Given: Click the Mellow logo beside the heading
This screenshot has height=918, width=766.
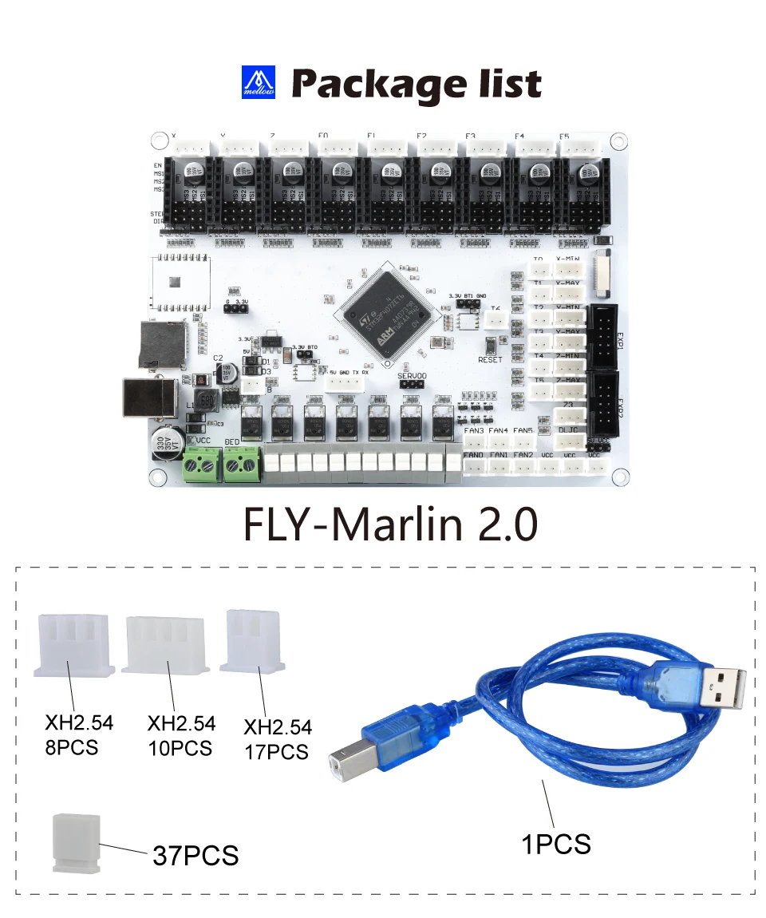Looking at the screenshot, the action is [x=258, y=83].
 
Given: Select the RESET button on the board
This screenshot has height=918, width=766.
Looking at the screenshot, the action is [x=489, y=346].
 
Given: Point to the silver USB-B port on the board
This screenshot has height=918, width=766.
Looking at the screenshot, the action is [x=149, y=397].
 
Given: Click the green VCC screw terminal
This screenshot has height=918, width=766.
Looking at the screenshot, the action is [x=201, y=464].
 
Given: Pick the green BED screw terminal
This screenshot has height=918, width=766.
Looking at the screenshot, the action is [x=242, y=464].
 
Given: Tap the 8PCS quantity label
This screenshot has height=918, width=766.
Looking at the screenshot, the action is [x=72, y=747].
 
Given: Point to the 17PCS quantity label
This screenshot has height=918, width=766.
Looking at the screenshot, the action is [x=276, y=751].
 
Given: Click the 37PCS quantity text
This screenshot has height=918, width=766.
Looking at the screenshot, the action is [x=195, y=855].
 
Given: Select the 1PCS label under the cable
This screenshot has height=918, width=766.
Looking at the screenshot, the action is [x=556, y=843].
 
